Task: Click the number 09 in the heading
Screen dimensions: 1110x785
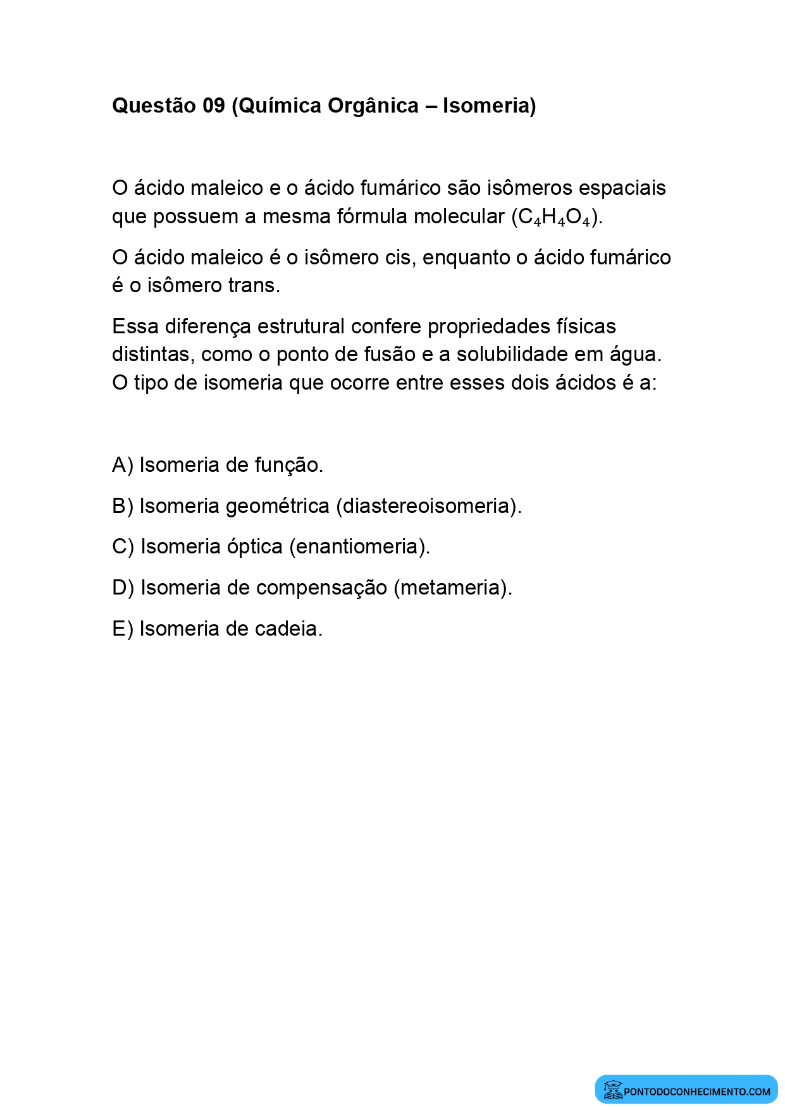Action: pos(213,106)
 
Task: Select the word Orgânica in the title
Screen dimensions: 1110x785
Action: pos(373,106)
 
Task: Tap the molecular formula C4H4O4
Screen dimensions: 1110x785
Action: pos(555,217)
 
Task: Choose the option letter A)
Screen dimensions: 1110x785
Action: pos(122,466)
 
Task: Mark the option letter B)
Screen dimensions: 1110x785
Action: pos(122,507)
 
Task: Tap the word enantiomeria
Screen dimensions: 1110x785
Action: pos(359,547)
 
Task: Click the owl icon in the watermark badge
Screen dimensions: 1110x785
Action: pos(612,1090)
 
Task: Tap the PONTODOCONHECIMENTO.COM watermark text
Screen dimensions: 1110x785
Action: pos(696,1092)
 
